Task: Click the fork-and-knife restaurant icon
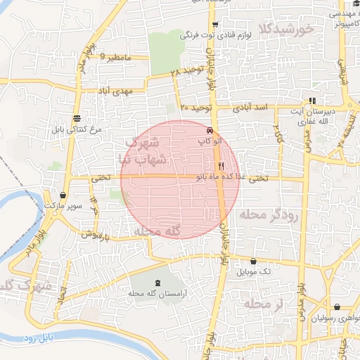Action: (221, 166)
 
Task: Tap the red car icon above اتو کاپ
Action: (210, 131)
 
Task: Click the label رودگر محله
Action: (269, 214)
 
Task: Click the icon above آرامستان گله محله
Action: (157, 282)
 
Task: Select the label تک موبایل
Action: (255, 271)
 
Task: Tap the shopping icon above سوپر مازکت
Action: (63, 195)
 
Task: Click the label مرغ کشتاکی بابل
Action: (77, 130)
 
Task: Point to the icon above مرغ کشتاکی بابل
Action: (76, 118)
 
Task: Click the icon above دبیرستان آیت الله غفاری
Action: (312, 100)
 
